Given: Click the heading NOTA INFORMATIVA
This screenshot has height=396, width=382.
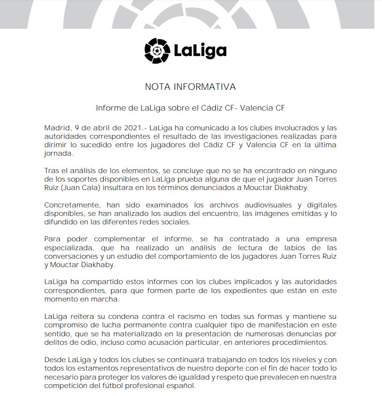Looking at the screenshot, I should click(x=190, y=87).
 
